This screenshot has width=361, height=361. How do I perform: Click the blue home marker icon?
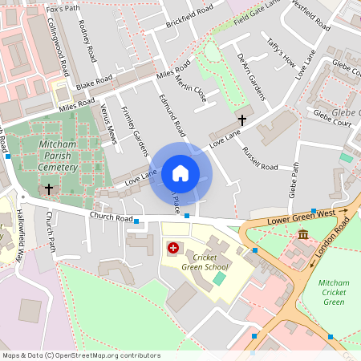[180, 172]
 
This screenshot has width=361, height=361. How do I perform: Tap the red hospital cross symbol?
[172, 249]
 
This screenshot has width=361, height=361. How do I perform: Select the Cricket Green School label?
[205, 262]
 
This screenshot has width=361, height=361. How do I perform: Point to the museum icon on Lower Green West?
[303, 233]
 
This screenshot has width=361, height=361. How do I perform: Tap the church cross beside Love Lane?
[241, 119]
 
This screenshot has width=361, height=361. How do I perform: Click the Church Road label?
[111, 217]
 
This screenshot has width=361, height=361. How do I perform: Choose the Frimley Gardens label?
[134, 130]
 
